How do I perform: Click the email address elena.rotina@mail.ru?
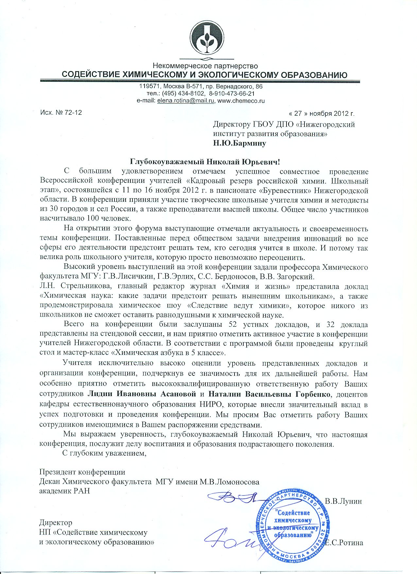186,101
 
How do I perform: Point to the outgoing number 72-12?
74,113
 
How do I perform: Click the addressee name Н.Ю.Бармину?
239,143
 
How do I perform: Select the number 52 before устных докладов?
228,324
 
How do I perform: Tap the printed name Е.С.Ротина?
344,543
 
